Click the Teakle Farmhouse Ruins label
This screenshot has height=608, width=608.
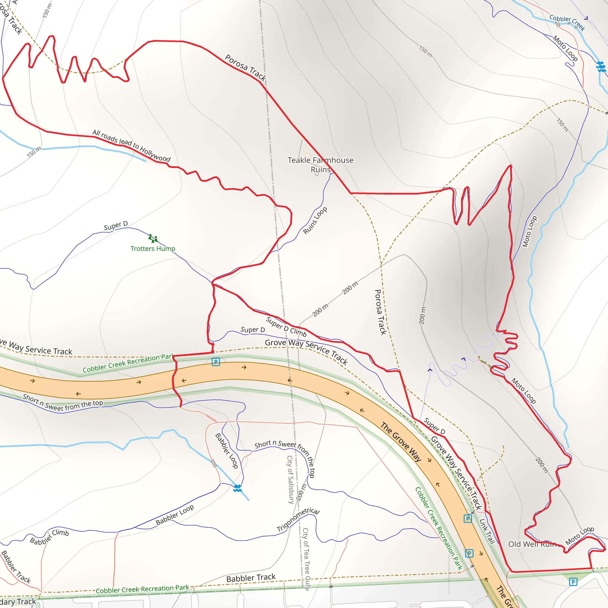(320, 164)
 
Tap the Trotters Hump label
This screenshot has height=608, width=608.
(153, 248)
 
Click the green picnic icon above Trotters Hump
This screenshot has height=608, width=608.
(153, 238)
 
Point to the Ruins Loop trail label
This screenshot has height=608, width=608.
(315, 220)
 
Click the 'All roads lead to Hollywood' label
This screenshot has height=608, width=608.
(131, 146)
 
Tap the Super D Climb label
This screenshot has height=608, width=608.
(286, 327)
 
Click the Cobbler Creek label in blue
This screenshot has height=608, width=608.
(567, 22)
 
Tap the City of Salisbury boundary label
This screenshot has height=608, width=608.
(290, 480)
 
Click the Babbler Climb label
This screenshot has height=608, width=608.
(49, 537)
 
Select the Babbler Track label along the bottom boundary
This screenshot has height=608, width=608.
(251, 578)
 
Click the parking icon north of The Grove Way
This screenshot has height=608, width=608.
(216, 362)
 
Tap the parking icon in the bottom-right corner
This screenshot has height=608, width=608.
(573, 582)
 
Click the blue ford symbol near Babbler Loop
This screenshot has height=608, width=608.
(237, 488)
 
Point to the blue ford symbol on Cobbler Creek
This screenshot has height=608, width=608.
(601, 67)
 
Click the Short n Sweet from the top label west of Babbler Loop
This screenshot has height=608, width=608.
(63, 403)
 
